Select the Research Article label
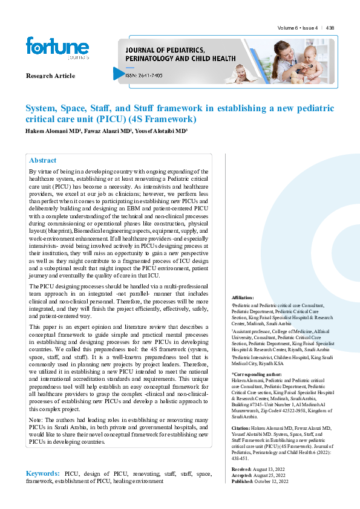point(50,76)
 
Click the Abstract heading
point(42,160)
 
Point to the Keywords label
point(42,473)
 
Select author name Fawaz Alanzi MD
point(111,131)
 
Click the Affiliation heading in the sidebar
point(243,298)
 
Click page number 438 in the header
point(330,28)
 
